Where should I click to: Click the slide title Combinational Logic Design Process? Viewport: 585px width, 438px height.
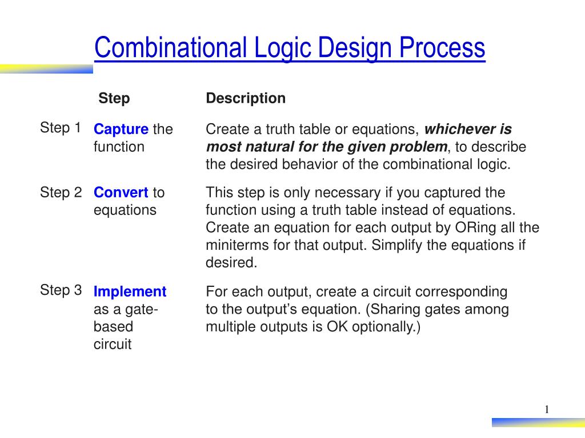[x=290, y=48]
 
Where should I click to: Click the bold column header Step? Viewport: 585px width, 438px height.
[x=114, y=99]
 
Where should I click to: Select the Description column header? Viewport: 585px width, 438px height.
[x=246, y=99]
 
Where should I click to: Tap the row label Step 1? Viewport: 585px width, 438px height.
[x=60, y=128]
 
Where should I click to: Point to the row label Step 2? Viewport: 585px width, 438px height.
[x=61, y=192]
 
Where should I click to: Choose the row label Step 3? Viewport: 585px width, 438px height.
[x=61, y=290]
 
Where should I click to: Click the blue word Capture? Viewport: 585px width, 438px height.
[x=121, y=129]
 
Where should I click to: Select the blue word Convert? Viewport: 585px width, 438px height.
[x=121, y=193]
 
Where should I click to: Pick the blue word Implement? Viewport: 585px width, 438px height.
[x=130, y=292]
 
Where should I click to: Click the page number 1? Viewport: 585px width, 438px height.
[x=547, y=409]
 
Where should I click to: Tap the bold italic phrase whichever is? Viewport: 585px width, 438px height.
[x=468, y=129]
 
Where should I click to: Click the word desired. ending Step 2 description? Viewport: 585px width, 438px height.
[x=231, y=263]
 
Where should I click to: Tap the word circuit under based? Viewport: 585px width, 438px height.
[x=113, y=344]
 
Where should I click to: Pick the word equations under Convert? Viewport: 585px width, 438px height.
[x=125, y=210]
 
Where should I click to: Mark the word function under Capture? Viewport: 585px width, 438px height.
[x=119, y=147]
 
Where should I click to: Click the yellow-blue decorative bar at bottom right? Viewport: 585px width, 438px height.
[x=538, y=423]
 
